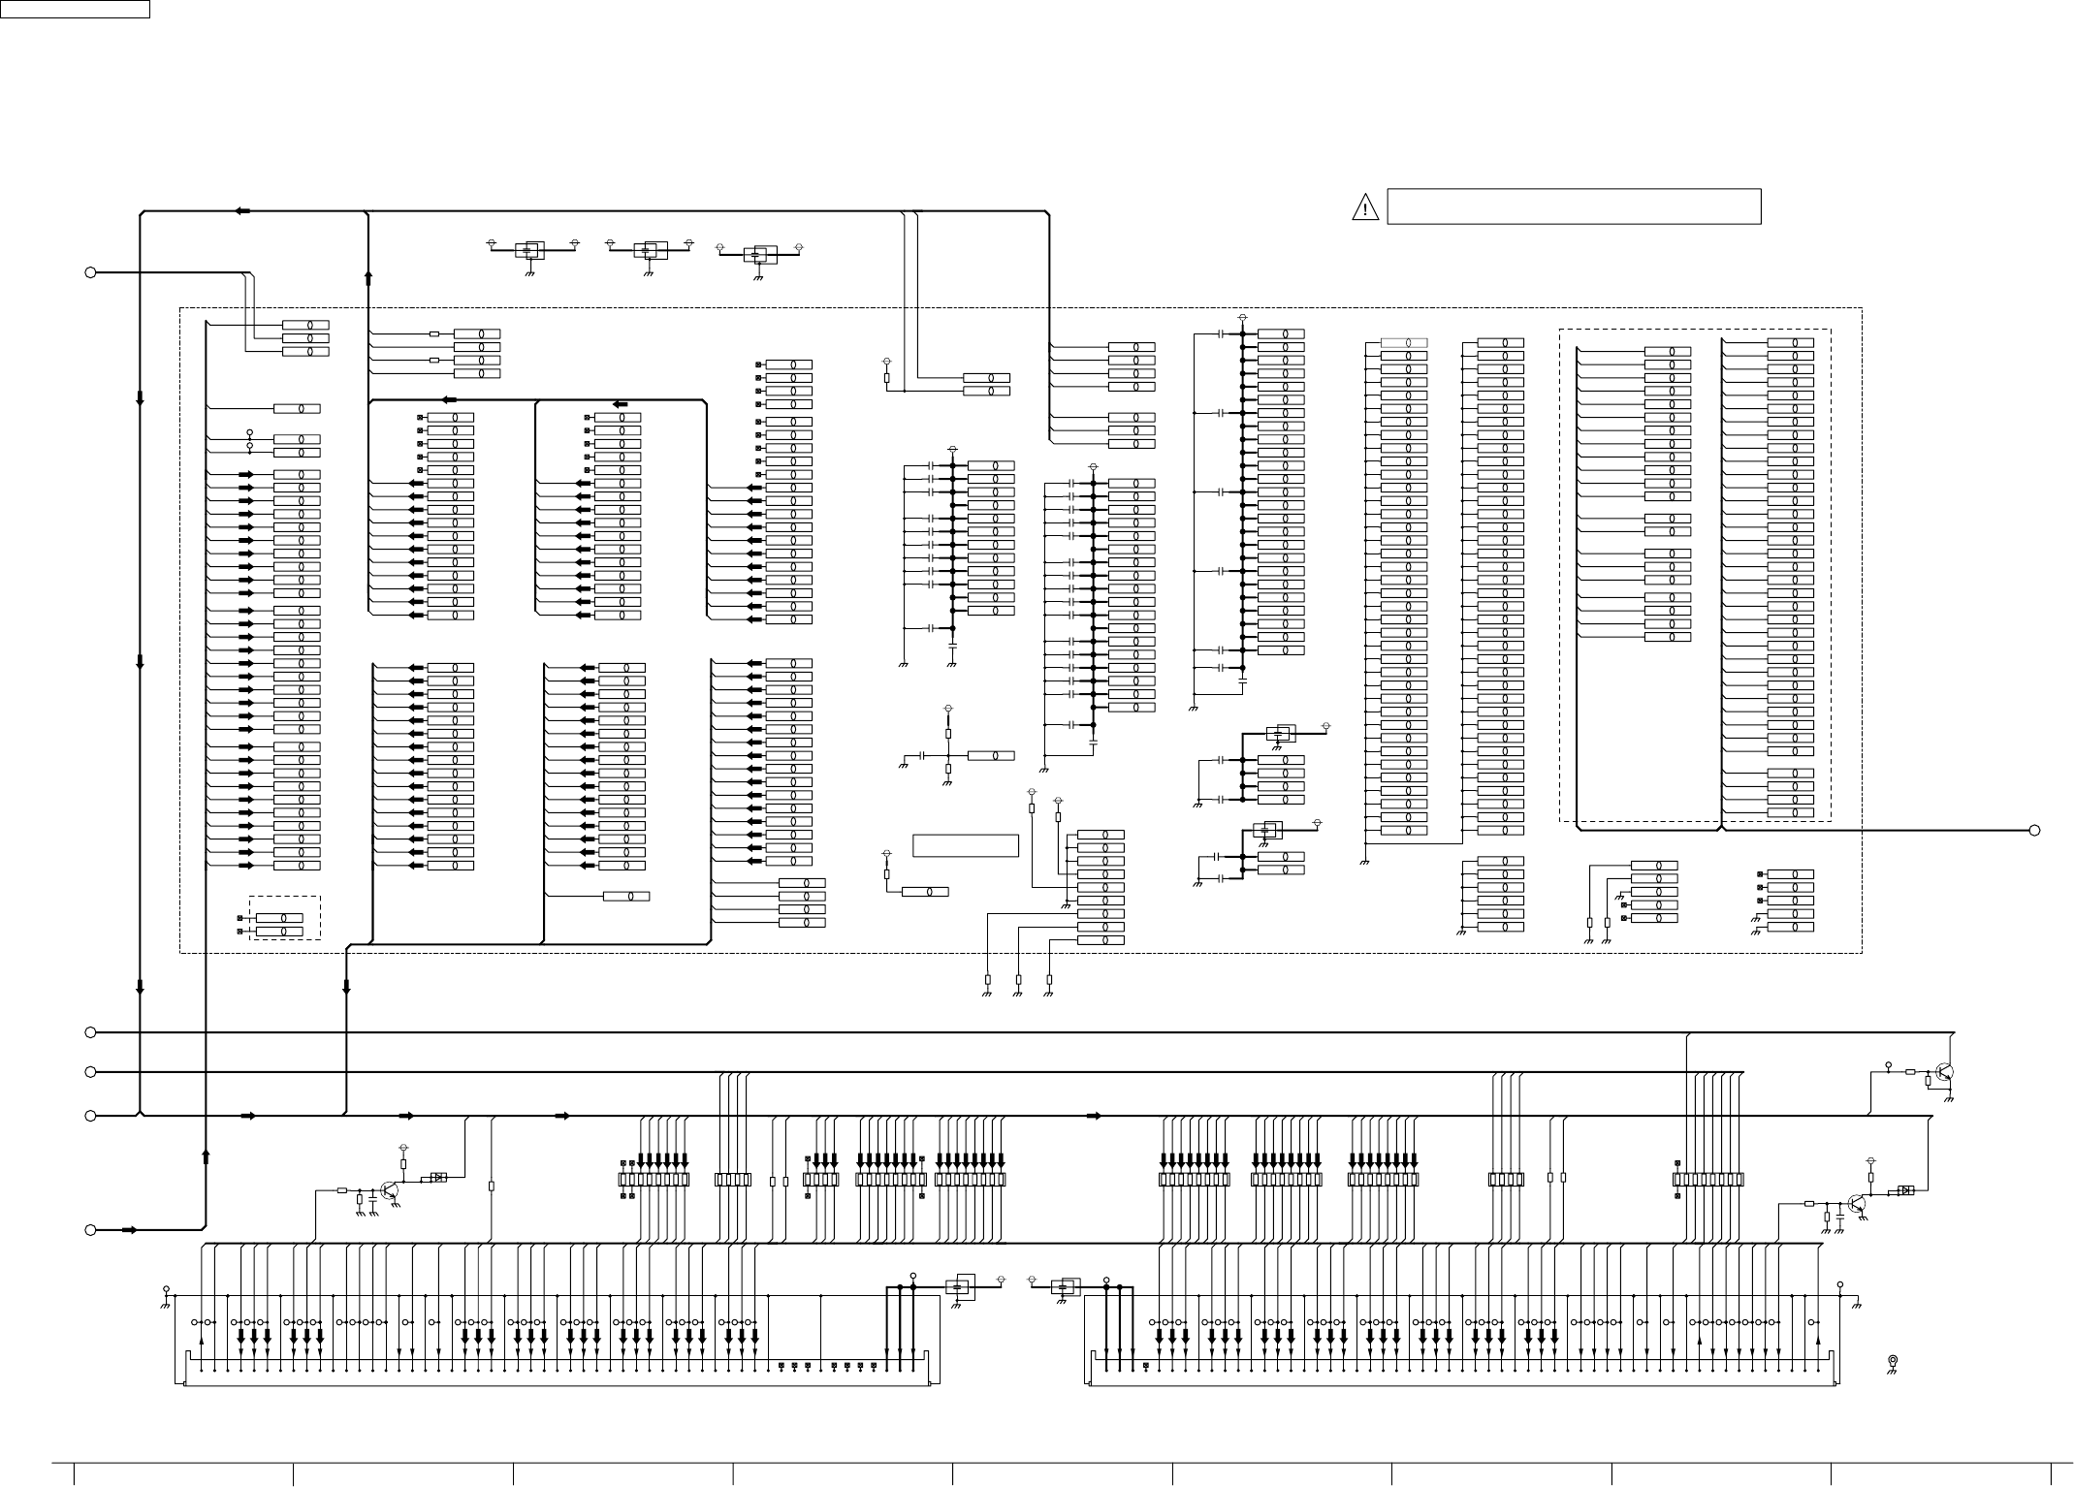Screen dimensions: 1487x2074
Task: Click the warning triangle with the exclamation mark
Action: (1364, 207)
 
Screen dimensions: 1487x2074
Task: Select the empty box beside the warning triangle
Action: (1573, 206)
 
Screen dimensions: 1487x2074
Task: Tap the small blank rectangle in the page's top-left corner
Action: (75, 9)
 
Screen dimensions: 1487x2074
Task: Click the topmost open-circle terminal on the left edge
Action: (91, 272)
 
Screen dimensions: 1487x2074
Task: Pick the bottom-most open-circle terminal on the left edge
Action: (91, 1230)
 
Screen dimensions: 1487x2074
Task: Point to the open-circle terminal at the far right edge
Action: (2035, 830)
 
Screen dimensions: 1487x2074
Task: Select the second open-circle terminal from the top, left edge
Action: (91, 1032)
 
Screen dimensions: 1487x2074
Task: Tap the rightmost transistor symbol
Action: (1943, 1072)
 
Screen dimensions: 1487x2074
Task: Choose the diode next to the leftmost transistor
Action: (438, 1178)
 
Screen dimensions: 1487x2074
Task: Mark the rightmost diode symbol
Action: (1905, 1190)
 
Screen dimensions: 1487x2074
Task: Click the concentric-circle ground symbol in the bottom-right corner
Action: (1892, 1362)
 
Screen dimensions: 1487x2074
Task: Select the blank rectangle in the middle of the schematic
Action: (965, 845)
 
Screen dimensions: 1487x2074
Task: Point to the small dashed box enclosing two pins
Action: (284, 918)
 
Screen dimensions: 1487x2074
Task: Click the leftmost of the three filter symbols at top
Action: (529, 250)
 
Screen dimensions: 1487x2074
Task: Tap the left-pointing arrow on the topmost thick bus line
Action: (243, 210)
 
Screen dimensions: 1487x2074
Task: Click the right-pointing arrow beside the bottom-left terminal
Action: (129, 1230)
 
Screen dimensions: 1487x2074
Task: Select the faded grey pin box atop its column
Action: (1403, 342)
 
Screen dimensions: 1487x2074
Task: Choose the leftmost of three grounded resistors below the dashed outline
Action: (987, 980)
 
